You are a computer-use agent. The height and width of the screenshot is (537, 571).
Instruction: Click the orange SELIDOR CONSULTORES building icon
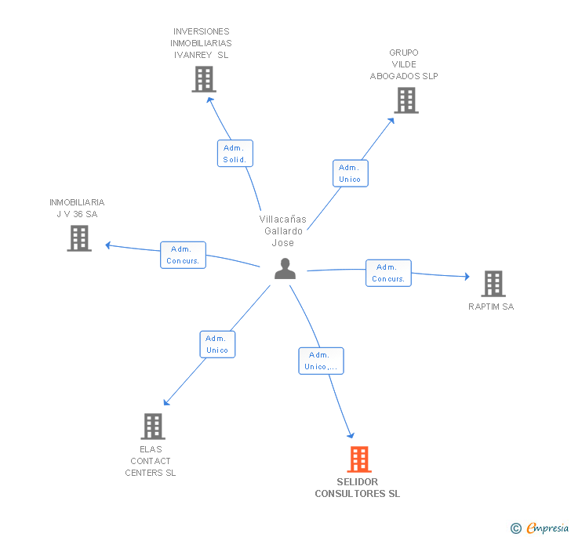point(359,459)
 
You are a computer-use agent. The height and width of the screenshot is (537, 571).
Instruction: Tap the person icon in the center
point(285,269)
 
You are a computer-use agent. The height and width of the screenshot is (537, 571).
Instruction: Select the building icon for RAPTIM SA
point(493,284)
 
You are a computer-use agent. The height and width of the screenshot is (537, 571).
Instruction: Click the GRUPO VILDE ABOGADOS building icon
point(406,100)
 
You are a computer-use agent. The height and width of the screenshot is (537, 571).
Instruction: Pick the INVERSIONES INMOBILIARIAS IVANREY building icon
point(204,79)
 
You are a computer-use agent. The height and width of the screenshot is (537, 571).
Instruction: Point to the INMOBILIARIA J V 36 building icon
point(79,238)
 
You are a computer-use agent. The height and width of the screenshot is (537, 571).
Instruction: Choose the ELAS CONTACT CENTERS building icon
point(153,426)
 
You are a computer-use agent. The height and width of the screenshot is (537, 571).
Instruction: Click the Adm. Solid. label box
point(235,154)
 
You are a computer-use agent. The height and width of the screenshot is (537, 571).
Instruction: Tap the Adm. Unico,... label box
point(322,361)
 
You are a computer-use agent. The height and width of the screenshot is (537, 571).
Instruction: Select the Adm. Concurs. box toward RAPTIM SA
point(388,273)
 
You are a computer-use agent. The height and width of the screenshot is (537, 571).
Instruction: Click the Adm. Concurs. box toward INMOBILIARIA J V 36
point(184,255)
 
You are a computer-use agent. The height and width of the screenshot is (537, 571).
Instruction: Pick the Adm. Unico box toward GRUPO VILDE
point(351,173)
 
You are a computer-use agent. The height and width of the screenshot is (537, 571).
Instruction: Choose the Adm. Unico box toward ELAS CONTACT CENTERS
point(217,344)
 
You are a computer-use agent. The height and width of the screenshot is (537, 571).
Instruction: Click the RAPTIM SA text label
point(491,307)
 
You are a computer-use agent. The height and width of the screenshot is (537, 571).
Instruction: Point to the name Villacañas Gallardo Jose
point(283,230)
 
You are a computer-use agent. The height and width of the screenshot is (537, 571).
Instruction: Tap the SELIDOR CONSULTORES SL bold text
point(357,488)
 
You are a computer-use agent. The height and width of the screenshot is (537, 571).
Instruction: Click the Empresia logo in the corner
point(540,528)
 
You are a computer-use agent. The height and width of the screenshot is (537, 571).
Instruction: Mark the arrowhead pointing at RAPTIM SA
point(467,277)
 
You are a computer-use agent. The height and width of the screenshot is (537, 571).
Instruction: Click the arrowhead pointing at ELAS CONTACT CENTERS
point(166,402)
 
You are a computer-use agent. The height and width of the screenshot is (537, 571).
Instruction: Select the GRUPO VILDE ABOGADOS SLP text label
point(404,64)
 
